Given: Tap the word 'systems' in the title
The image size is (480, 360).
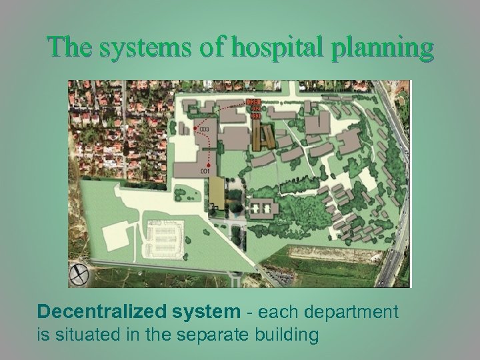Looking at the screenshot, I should click(135, 48).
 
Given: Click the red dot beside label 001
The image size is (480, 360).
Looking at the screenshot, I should click(209, 164).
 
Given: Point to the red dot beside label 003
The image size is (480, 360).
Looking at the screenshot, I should click(195, 127).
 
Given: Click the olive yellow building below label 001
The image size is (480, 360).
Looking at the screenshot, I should click(217, 195).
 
